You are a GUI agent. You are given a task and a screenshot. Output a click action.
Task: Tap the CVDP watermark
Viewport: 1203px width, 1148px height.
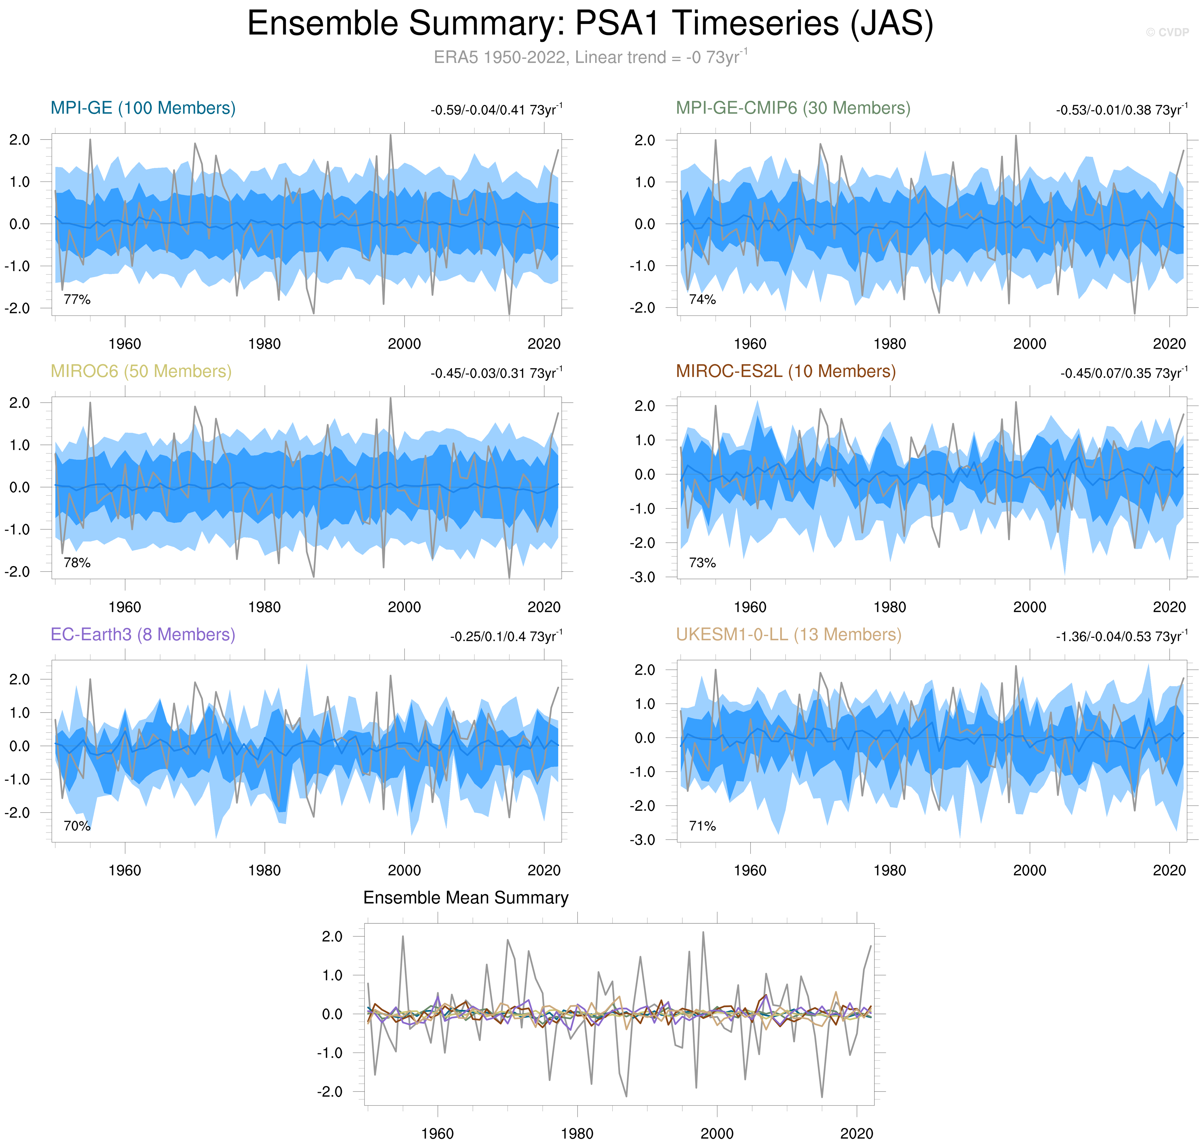click(1167, 33)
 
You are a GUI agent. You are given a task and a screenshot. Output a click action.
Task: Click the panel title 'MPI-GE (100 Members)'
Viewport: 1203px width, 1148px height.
click(143, 108)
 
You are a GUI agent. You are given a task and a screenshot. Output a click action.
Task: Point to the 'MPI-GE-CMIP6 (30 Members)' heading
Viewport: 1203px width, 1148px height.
click(792, 108)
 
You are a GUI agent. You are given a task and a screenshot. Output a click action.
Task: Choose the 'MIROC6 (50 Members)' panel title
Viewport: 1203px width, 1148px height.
click(141, 371)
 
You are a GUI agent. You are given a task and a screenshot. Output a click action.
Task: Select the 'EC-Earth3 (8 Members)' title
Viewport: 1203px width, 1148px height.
click(143, 634)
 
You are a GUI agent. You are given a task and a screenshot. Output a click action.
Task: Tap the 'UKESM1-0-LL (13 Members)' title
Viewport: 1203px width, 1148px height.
click(788, 634)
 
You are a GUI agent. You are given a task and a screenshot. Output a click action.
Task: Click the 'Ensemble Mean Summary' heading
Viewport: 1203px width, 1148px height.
click(466, 898)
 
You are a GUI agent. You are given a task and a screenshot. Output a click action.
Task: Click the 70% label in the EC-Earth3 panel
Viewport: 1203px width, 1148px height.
click(77, 826)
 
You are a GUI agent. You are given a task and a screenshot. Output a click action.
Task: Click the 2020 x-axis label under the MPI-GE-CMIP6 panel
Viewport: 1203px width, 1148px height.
click(1169, 344)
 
